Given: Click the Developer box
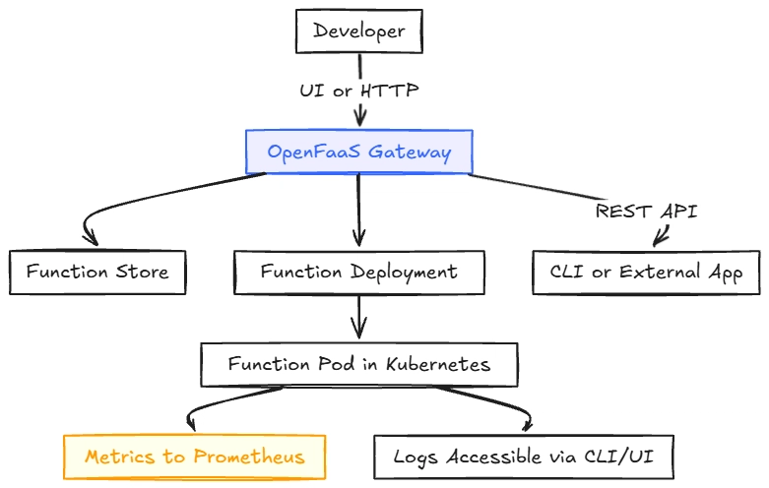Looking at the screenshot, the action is (359, 30).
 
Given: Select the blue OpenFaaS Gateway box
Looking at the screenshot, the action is (359, 152).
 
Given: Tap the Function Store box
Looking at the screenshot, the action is (97, 273).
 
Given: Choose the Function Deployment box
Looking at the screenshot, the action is (359, 273).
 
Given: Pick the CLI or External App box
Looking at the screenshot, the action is (646, 273).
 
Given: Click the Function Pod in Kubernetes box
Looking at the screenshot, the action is (359, 365).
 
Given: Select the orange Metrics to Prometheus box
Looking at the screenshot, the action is (195, 457).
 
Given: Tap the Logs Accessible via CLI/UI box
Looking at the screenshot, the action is (524, 457).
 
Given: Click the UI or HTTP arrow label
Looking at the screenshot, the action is (359, 91).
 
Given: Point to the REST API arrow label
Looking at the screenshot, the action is (646, 212).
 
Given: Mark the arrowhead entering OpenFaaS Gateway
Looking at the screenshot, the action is (360, 121).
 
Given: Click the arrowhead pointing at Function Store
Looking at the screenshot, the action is (91, 238).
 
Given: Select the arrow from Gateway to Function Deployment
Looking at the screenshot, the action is (359, 211).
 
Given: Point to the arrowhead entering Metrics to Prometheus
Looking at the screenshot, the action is (191, 424).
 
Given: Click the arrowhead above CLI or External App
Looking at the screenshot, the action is (661, 236).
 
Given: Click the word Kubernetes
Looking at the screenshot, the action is (438, 365).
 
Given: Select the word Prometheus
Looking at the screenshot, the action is (249, 457).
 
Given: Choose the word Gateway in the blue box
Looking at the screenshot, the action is (410, 152).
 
